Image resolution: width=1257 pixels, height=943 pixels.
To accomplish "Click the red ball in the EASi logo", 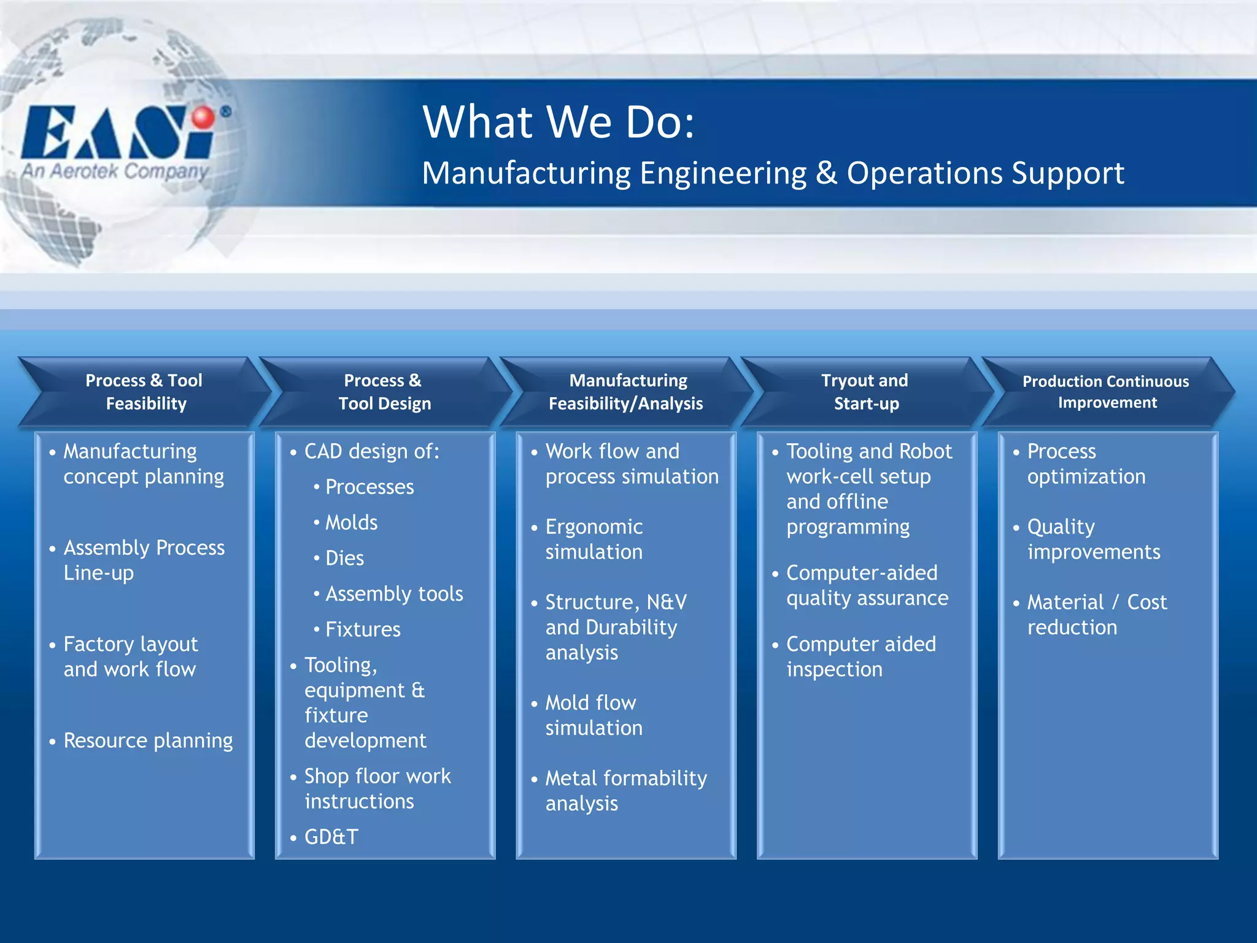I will click(203, 117).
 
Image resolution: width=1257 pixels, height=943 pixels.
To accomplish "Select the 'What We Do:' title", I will click(559, 122).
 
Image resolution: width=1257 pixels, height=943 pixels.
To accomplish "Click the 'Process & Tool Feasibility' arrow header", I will click(144, 392).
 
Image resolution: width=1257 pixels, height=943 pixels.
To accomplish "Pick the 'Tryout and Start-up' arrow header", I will click(865, 392).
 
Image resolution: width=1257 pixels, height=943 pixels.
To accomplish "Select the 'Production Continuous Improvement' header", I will click(1106, 392).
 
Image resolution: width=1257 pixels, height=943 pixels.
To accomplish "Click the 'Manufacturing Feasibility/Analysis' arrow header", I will click(626, 392).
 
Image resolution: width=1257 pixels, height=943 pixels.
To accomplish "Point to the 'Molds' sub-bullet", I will click(351, 522).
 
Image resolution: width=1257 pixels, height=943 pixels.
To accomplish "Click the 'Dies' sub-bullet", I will click(344, 558).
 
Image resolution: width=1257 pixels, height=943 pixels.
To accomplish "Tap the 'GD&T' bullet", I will click(331, 837).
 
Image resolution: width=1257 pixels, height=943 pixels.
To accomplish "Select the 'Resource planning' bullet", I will click(148, 740).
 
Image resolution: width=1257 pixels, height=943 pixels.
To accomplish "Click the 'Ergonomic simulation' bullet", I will click(594, 539).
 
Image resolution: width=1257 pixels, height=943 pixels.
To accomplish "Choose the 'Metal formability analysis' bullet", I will click(625, 791).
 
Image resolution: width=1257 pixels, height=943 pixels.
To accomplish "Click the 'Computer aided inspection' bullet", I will click(861, 656).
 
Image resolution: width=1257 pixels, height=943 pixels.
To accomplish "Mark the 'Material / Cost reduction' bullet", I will click(1096, 615).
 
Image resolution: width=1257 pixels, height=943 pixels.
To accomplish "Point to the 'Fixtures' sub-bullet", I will click(363, 629).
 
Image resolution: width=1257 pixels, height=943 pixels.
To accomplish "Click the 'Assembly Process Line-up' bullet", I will click(144, 560).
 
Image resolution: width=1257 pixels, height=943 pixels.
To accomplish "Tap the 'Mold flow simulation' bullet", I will click(593, 715).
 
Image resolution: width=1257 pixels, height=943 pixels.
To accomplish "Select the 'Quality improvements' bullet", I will click(1093, 539).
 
